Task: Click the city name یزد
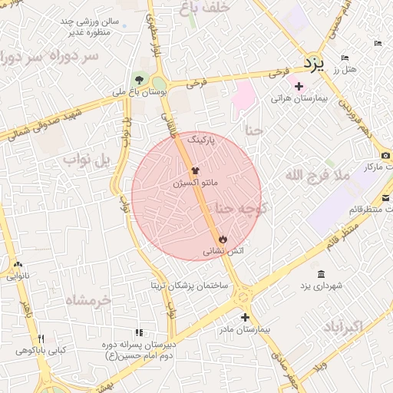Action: [313, 61]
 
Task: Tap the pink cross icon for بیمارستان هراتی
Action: [299, 86]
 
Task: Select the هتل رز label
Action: [345, 70]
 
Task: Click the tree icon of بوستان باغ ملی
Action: [139, 79]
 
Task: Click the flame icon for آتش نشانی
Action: [223, 239]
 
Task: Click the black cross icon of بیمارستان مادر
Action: [245, 317]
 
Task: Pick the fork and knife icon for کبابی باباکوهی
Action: [41, 339]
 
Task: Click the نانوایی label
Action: [18, 276]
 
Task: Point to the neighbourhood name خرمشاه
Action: [88, 299]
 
